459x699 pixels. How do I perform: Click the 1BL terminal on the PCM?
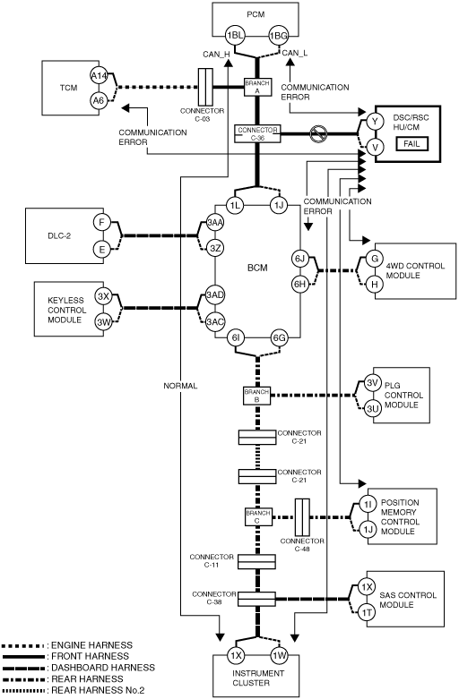pyautogui.click(x=234, y=36)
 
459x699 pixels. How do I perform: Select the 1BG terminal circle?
pyautogui.click(x=278, y=36)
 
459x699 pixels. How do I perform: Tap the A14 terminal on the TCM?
pyautogui.click(x=99, y=76)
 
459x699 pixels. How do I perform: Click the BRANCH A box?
pyautogui.click(x=257, y=87)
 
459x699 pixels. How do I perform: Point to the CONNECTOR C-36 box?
pyautogui.click(x=257, y=133)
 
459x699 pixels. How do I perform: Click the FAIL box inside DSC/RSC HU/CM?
pyautogui.click(x=411, y=144)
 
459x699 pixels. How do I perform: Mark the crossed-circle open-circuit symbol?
pyautogui.click(x=319, y=133)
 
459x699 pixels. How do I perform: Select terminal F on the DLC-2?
pyautogui.click(x=102, y=222)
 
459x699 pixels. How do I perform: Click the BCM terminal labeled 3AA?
pyautogui.click(x=215, y=224)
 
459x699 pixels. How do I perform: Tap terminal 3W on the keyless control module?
pyautogui.click(x=103, y=321)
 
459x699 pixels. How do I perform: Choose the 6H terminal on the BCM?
pyautogui.click(x=300, y=284)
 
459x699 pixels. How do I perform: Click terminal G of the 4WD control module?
pyautogui.click(x=375, y=259)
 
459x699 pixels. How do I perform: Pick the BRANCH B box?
pyautogui.click(x=256, y=396)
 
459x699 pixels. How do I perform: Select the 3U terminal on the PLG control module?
pyautogui.click(x=373, y=408)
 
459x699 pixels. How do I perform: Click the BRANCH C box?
pyautogui.click(x=257, y=517)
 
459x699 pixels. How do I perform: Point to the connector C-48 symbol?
pyautogui.click(x=302, y=517)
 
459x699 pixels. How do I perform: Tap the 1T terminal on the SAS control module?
pyautogui.click(x=367, y=613)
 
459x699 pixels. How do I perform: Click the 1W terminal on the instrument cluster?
pyautogui.click(x=280, y=655)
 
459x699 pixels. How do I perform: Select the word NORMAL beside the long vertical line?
pyautogui.click(x=180, y=386)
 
